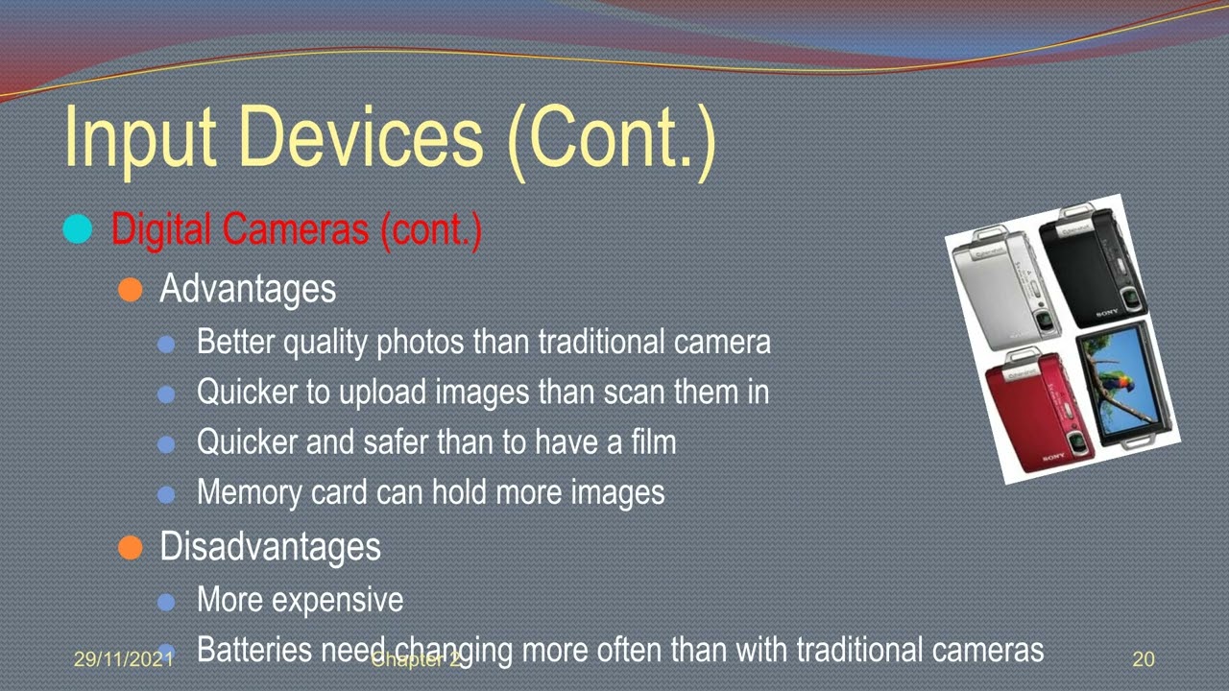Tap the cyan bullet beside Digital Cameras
77,230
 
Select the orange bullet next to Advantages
130,290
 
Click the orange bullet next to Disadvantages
130,547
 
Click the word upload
383,393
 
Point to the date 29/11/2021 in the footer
123,659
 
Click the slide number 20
1144,659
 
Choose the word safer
397,441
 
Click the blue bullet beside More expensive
166,602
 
